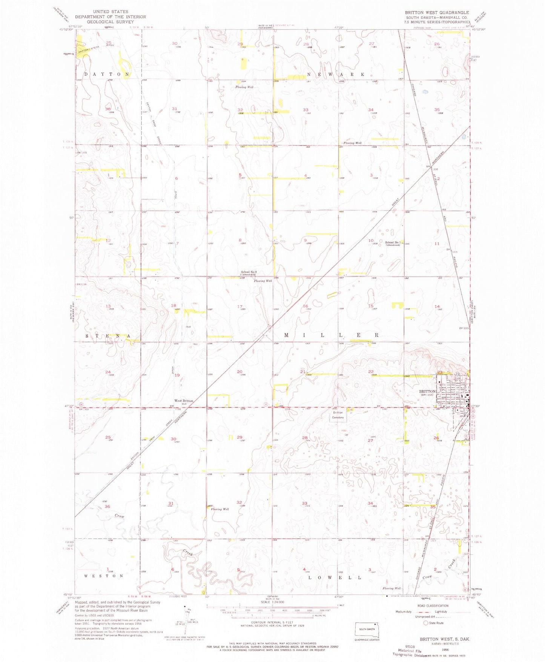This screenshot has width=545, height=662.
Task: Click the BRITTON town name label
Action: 427,392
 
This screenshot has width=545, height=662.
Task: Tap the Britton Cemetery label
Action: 338,415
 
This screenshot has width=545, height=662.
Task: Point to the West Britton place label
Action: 183,401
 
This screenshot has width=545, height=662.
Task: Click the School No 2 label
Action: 249,272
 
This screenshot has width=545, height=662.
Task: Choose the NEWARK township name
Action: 336,74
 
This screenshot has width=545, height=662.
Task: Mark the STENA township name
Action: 107,336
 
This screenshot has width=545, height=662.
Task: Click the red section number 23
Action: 439,372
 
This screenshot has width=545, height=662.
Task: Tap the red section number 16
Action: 306,306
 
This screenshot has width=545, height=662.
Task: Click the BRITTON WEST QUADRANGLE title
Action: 437,12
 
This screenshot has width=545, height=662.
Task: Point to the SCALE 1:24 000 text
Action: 269,602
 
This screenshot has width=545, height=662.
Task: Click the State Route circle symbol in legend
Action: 426,623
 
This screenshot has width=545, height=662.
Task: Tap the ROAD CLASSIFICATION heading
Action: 433,605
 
